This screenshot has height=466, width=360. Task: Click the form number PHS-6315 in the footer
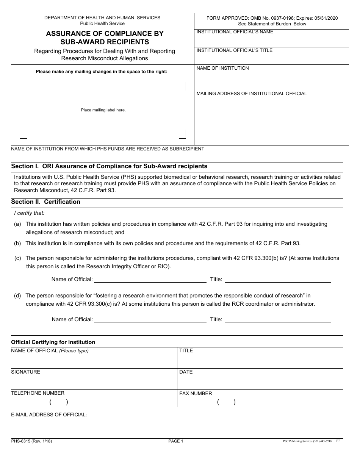click(31, 441)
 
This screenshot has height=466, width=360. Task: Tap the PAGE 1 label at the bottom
click(176, 441)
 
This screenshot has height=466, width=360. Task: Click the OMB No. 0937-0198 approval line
click(272, 18)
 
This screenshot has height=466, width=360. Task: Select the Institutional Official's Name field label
click(235, 32)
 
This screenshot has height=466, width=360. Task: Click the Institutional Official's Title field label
click(234, 50)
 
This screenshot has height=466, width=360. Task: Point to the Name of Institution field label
click(222, 68)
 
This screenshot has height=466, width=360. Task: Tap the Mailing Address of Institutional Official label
click(252, 94)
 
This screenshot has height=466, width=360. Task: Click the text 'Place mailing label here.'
click(103, 110)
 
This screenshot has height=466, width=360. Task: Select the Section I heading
click(109, 166)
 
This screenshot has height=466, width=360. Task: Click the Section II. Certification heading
click(46, 202)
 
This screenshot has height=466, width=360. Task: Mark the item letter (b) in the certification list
click(17, 243)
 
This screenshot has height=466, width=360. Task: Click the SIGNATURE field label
click(26, 372)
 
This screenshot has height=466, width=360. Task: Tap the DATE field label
click(186, 372)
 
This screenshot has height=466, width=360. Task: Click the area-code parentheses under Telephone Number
click(59, 402)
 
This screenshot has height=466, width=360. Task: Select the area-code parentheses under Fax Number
click(226, 402)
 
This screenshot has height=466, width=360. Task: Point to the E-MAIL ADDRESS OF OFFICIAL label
click(49, 415)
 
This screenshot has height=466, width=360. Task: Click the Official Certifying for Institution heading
click(53, 342)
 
